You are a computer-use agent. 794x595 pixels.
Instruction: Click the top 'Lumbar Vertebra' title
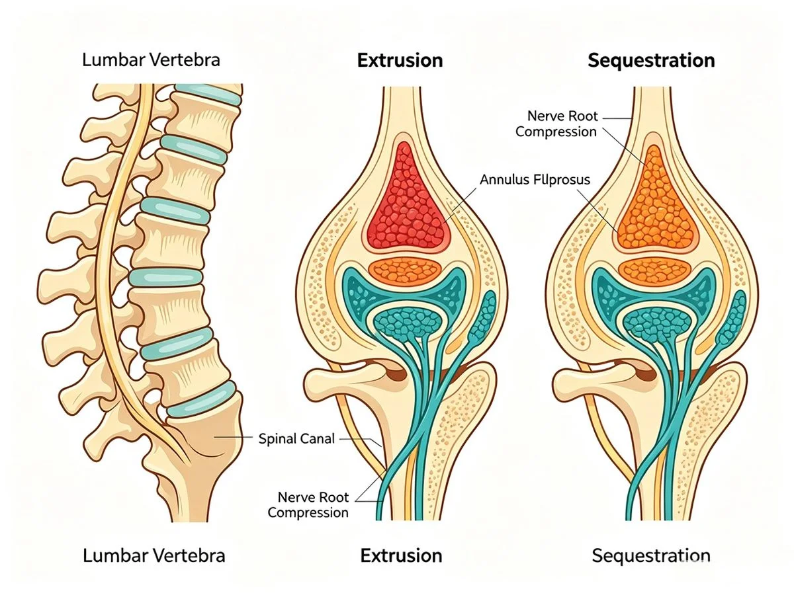(x=151, y=60)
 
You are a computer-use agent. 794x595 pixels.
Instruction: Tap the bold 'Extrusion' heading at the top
(x=400, y=60)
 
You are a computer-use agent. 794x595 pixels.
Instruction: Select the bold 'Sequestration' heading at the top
(x=651, y=60)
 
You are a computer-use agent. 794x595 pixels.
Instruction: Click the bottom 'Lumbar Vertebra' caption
(x=154, y=555)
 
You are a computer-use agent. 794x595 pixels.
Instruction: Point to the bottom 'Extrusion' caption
(x=401, y=555)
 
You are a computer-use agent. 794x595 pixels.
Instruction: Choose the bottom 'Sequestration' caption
(x=651, y=555)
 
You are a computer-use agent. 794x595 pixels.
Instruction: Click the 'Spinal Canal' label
(x=296, y=438)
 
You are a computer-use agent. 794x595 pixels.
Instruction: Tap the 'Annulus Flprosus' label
(x=535, y=180)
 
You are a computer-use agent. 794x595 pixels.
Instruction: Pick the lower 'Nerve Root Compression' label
(x=308, y=505)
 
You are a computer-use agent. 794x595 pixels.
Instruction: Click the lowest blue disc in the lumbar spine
(x=202, y=399)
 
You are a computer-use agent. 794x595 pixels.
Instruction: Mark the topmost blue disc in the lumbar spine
(x=208, y=95)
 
